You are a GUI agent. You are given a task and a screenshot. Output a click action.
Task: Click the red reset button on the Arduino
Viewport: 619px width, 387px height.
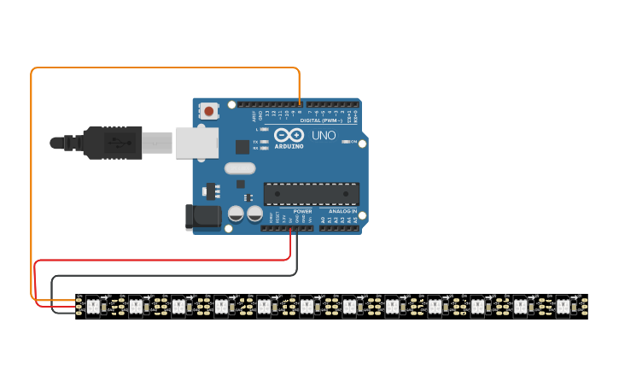[208, 110]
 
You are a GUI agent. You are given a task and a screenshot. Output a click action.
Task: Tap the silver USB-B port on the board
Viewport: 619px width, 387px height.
[196, 143]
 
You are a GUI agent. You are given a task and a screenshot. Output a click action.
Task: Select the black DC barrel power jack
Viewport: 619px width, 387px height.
[202, 216]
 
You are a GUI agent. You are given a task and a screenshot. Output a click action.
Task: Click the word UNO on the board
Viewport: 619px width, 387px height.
[324, 135]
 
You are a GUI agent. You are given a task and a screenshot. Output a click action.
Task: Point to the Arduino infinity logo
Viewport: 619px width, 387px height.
[289, 136]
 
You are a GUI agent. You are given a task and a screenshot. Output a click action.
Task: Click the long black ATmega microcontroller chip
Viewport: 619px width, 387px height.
[311, 194]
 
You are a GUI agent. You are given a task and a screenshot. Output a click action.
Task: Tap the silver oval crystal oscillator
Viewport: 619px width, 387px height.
[241, 169]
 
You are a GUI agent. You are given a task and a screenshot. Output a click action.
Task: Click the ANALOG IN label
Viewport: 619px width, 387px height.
[342, 211]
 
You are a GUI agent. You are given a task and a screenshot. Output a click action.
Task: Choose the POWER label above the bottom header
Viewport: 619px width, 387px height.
[302, 211]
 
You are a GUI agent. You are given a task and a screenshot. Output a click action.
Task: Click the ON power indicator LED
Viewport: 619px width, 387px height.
[345, 142]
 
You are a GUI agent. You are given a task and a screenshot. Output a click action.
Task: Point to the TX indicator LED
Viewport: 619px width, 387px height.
[265, 141]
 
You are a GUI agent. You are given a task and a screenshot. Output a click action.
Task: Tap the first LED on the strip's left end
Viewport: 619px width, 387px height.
[92, 305]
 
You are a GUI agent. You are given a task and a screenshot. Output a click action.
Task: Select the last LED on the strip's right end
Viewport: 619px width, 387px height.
[563, 305]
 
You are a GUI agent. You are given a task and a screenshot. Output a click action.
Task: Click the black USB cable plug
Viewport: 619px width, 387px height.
[112, 143]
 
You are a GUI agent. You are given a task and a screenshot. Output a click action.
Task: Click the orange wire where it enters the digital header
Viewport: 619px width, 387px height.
[300, 103]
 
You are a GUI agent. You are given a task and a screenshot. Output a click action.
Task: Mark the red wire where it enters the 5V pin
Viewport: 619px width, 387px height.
[290, 230]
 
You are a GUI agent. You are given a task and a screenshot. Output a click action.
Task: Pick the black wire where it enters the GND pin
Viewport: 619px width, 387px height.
[297, 230]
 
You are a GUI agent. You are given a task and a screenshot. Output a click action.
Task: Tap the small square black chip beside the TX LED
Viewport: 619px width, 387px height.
[242, 146]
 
